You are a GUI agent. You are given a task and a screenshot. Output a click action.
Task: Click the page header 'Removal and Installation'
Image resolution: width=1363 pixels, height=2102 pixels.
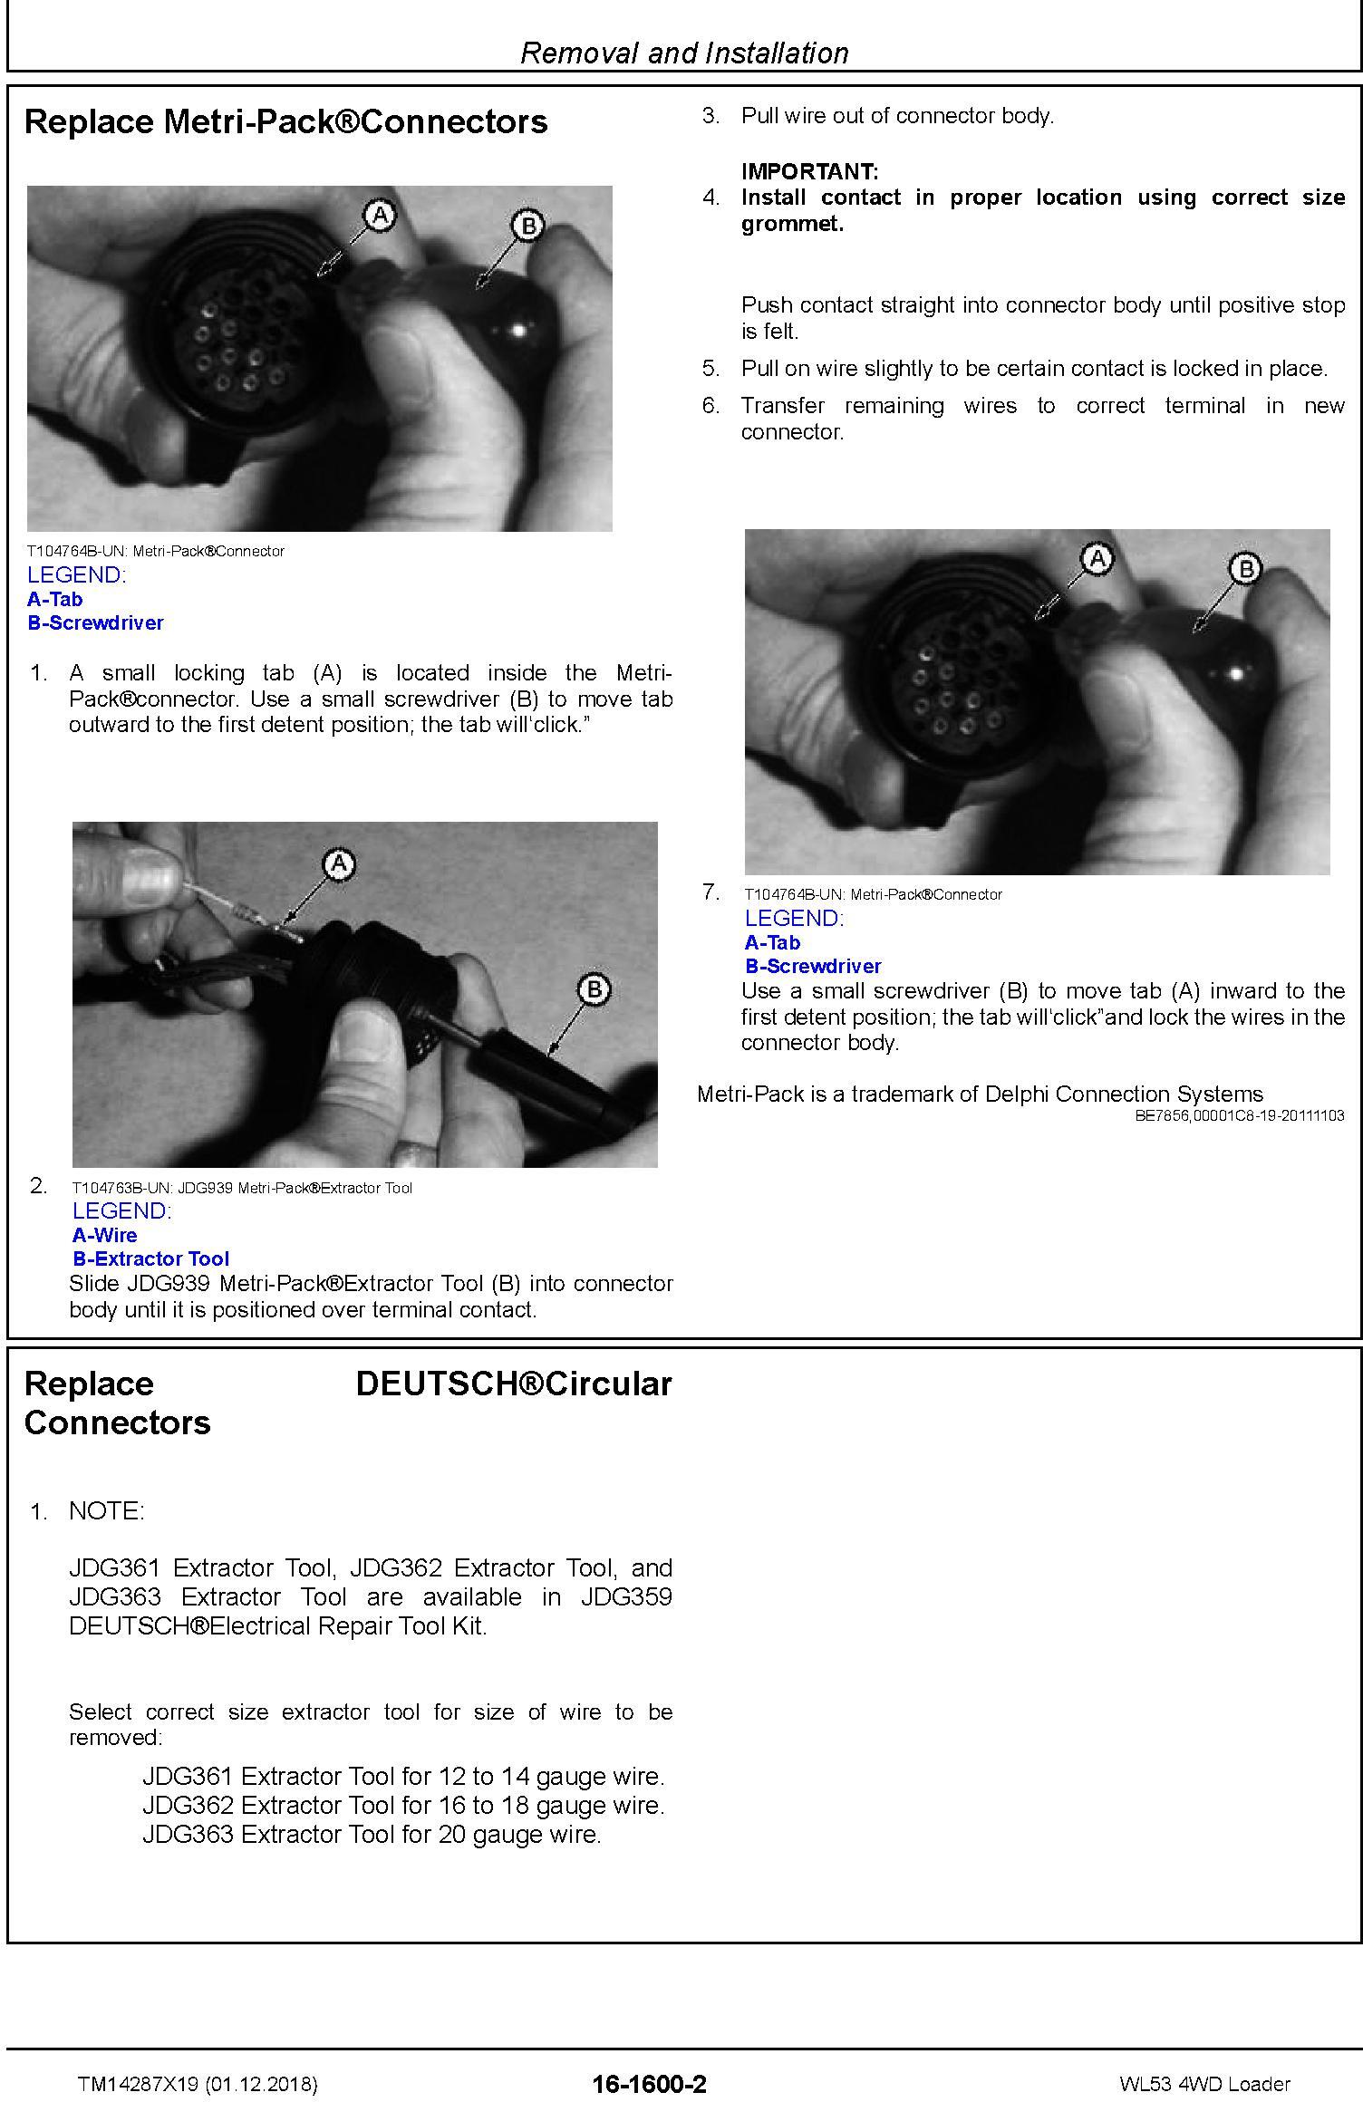click(x=684, y=53)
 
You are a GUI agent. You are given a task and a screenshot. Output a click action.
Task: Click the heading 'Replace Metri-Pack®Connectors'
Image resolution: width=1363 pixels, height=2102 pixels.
click(x=286, y=121)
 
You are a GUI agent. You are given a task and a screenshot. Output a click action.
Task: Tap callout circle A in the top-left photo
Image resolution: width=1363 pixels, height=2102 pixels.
click(x=380, y=215)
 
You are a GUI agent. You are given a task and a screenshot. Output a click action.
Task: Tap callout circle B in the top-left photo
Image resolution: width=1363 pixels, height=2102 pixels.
click(x=528, y=225)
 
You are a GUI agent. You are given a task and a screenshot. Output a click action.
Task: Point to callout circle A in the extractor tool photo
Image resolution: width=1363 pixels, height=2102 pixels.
click(x=339, y=864)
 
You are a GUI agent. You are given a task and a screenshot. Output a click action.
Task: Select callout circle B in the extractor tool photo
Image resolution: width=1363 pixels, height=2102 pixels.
click(x=594, y=988)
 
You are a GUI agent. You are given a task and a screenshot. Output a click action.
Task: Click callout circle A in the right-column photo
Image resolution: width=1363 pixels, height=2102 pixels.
click(x=1097, y=559)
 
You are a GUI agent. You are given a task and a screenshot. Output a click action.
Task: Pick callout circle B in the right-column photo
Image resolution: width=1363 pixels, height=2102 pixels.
click(x=1246, y=569)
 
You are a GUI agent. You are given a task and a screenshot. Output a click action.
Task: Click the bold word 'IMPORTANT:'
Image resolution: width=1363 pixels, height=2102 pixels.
click(x=809, y=171)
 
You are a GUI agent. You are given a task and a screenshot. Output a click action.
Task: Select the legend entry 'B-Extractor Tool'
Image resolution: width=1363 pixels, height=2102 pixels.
click(x=151, y=1258)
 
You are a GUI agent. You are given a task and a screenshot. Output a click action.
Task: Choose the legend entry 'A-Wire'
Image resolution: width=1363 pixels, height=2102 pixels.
click(x=105, y=1235)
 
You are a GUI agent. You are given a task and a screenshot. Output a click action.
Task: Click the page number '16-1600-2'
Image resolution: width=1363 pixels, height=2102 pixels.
click(x=649, y=2084)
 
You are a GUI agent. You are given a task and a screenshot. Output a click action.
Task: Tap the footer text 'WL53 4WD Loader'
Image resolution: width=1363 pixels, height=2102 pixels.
click(x=1204, y=2084)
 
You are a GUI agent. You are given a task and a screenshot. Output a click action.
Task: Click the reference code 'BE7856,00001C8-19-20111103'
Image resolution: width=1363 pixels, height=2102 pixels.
click(x=1240, y=1116)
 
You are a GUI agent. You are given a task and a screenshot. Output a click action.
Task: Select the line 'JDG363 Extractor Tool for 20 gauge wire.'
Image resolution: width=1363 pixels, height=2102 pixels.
click(x=372, y=1835)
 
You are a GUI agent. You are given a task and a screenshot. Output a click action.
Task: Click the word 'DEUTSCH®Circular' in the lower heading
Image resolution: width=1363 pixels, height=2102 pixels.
click(x=514, y=1384)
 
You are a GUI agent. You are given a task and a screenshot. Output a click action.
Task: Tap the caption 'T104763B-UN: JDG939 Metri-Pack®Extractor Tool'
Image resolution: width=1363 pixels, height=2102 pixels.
click(x=242, y=1188)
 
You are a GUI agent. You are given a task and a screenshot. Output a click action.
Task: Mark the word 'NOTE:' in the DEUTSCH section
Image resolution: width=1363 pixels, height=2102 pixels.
click(x=107, y=1511)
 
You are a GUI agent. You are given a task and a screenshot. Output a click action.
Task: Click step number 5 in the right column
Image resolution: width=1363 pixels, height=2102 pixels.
click(x=710, y=369)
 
